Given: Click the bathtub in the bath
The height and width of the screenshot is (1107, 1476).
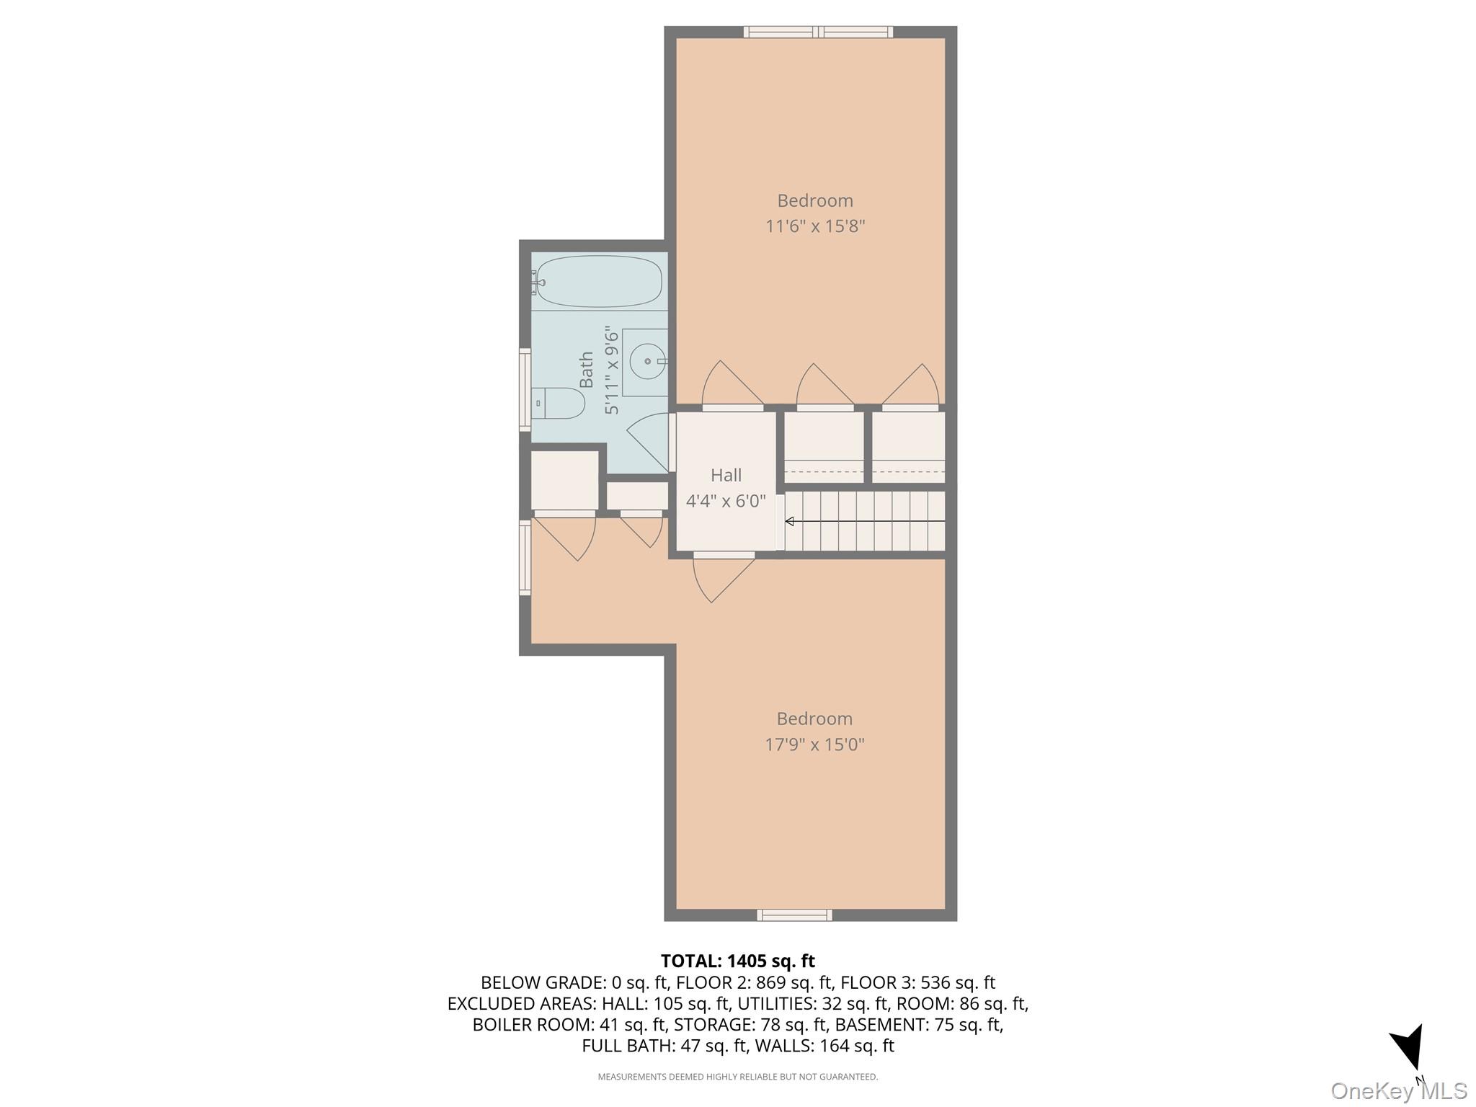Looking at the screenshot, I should [599, 282].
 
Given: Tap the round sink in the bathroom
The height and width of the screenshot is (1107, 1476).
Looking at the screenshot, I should [647, 361].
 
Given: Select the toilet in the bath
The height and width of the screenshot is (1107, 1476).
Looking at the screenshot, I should [559, 404].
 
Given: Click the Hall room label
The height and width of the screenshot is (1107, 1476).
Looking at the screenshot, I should [726, 475].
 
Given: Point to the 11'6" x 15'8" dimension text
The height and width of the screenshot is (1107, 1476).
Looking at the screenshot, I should [814, 226].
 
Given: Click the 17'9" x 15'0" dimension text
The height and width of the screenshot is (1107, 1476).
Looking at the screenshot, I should [814, 744].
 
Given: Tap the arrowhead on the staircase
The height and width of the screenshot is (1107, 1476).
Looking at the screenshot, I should [790, 521].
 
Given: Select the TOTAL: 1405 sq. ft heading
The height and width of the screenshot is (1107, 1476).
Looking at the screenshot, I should [737, 961].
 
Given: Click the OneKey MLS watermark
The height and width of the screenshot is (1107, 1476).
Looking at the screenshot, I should [1398, 1090].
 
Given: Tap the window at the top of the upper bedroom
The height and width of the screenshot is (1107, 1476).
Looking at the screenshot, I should [818, 32].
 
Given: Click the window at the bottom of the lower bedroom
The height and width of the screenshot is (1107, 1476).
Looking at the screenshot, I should [794, 915].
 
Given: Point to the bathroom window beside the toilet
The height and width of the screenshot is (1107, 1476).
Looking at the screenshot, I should [525, 390].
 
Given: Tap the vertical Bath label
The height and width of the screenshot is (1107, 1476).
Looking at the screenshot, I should [587, 370].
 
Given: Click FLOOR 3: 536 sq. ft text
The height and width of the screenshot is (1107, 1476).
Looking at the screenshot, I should [917, 982].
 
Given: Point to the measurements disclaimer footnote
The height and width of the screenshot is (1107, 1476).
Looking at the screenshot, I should [737, 1077].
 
